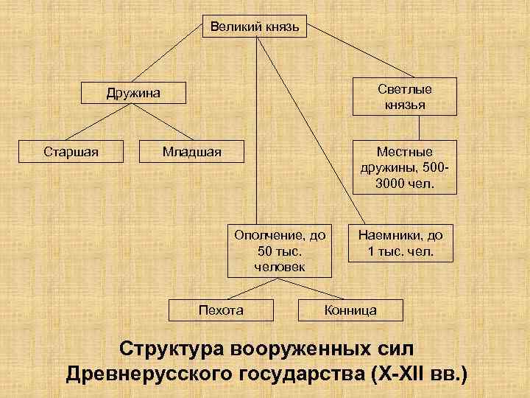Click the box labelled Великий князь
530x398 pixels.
point(255,27)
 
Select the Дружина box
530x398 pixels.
point(132,94)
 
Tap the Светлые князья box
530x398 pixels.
point(404,97)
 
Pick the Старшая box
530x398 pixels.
point(71,153)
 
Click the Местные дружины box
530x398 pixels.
point(404,167)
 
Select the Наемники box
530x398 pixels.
point(400,244)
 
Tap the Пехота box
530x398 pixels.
point(221,310)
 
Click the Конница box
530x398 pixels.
point(350,310)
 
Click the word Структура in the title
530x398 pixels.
point(173,349)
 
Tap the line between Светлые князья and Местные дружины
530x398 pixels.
point(403,127)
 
